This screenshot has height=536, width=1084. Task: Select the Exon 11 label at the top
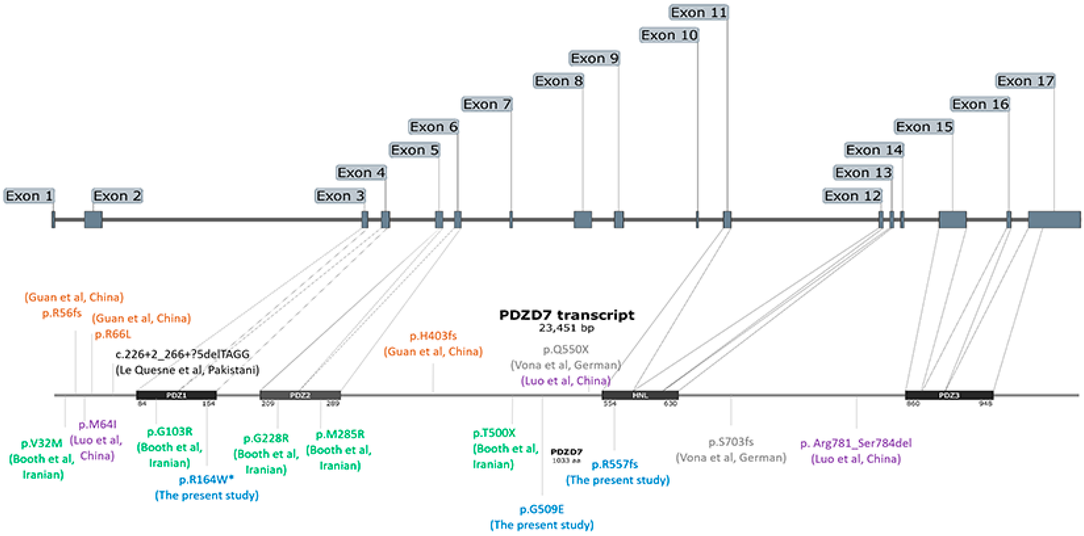[699, 13]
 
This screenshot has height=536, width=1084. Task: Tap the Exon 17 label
[1025, 81]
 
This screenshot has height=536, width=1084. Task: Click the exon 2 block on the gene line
[93, 220]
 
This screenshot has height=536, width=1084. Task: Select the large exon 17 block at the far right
[1054, 220]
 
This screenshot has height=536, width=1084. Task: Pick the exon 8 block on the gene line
[583, 220]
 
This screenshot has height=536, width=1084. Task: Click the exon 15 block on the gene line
[952, 220]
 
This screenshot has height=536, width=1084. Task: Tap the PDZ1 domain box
[176, 395]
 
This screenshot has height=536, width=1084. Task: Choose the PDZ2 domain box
[300, 395]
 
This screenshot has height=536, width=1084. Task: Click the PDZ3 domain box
[949, 395]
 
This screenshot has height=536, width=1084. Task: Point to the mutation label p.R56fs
[62, 313]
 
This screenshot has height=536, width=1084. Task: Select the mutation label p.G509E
[542, 509]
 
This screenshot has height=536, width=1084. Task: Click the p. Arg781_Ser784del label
[856, 443]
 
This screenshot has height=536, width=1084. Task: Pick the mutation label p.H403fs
[433, 336]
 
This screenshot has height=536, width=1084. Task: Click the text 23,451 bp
[566, 328]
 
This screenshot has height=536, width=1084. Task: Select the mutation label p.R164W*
[206, 480]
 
